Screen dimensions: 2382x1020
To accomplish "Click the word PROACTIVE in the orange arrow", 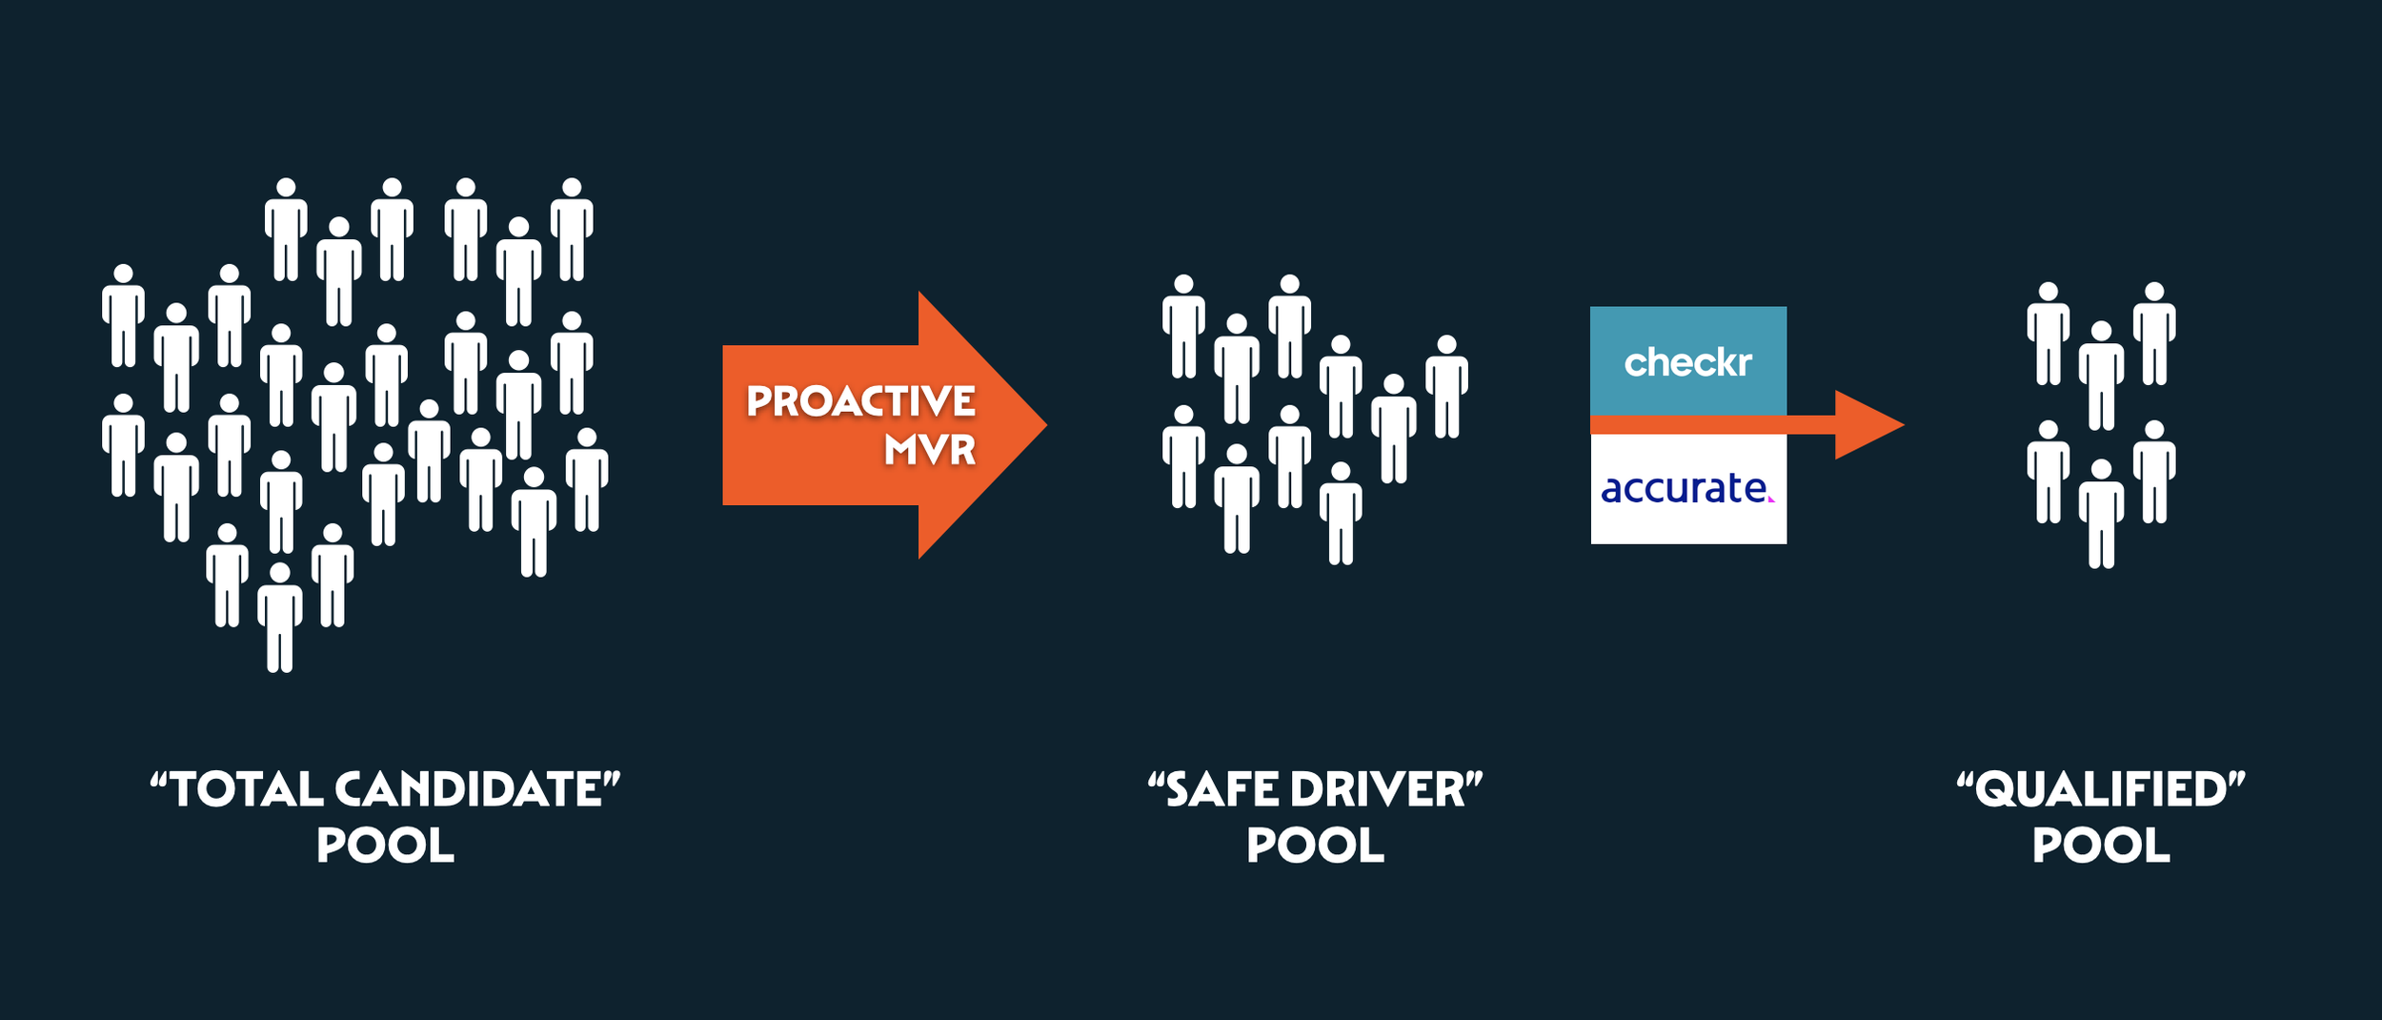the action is coord(860,401).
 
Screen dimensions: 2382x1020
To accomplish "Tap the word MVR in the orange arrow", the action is coord(929,450).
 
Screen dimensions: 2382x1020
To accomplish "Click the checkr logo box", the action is coord(1687,361).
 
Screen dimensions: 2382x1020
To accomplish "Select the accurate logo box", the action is coord(1687,489).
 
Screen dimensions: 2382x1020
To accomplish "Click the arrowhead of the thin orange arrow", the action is coord(1867,425).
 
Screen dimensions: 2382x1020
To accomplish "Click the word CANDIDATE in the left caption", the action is coord(470,789).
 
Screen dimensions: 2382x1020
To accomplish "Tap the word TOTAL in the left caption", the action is coord(247,789).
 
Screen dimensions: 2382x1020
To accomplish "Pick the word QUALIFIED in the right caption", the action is coord(2101,789).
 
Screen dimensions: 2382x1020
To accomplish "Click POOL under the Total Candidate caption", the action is coord(385,846).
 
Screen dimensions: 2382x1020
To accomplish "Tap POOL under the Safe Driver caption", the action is coord(1315,846).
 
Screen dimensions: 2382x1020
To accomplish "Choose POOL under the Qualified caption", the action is coord(2101,846).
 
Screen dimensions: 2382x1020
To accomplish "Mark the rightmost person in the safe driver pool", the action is coord(1446,386).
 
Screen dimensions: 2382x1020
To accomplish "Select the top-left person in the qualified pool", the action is coord(2049,334).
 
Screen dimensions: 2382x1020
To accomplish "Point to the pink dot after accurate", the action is coord(1770,499).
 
